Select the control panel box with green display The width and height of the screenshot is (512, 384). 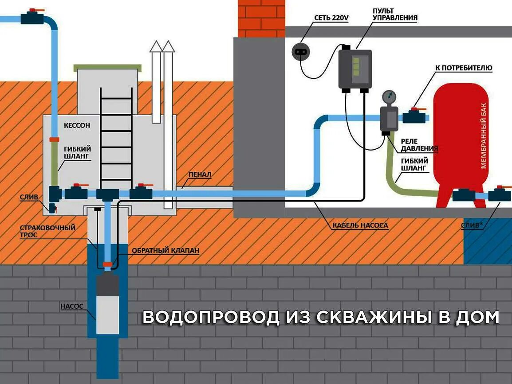click(x=355, y=69)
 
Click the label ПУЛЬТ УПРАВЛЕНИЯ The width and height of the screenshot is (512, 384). click(x=389, y=14)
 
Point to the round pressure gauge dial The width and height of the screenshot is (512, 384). click(x=389, y=96)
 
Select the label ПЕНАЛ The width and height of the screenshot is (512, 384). click(x=199, y=175)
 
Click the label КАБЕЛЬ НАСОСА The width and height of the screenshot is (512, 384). click(x=360, y=225)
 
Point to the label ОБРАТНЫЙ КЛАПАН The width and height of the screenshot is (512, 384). click(x=165, y=250)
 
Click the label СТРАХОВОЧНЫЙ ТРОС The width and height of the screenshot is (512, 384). click(x=47, y=231)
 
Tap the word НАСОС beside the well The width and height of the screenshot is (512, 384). click(x=71, y=306)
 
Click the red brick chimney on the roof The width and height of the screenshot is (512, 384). click(x=262, y=18)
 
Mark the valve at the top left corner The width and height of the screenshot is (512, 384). click(x=32, y=18)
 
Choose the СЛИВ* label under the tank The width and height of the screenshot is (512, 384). click(x=472, y=225)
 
